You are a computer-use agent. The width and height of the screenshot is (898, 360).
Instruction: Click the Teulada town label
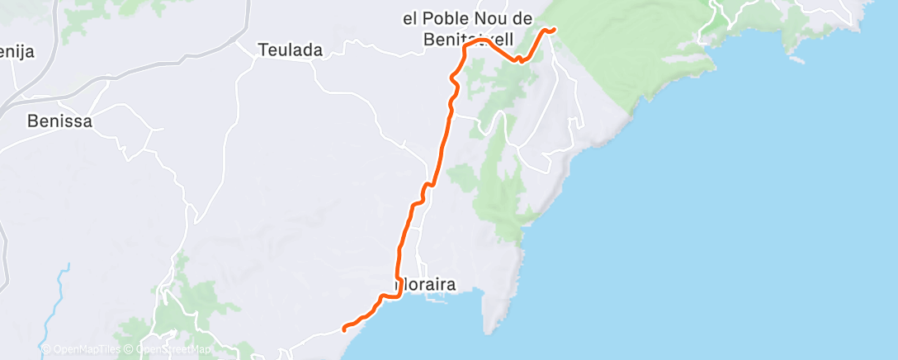tap(290, 50)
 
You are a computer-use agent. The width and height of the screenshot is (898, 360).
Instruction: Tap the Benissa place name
tap(59, 121)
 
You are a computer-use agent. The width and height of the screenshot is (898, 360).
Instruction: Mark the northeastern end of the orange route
tap(553, 29)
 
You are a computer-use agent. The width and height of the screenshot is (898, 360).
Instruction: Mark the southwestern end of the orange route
tap(344, 331)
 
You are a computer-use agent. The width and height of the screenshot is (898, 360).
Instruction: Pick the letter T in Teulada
tap(263, 50)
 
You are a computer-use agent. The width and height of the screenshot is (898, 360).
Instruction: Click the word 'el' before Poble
tap(408, 19)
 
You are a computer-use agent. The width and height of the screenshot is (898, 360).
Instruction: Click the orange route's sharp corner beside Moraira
tap(400, 296)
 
